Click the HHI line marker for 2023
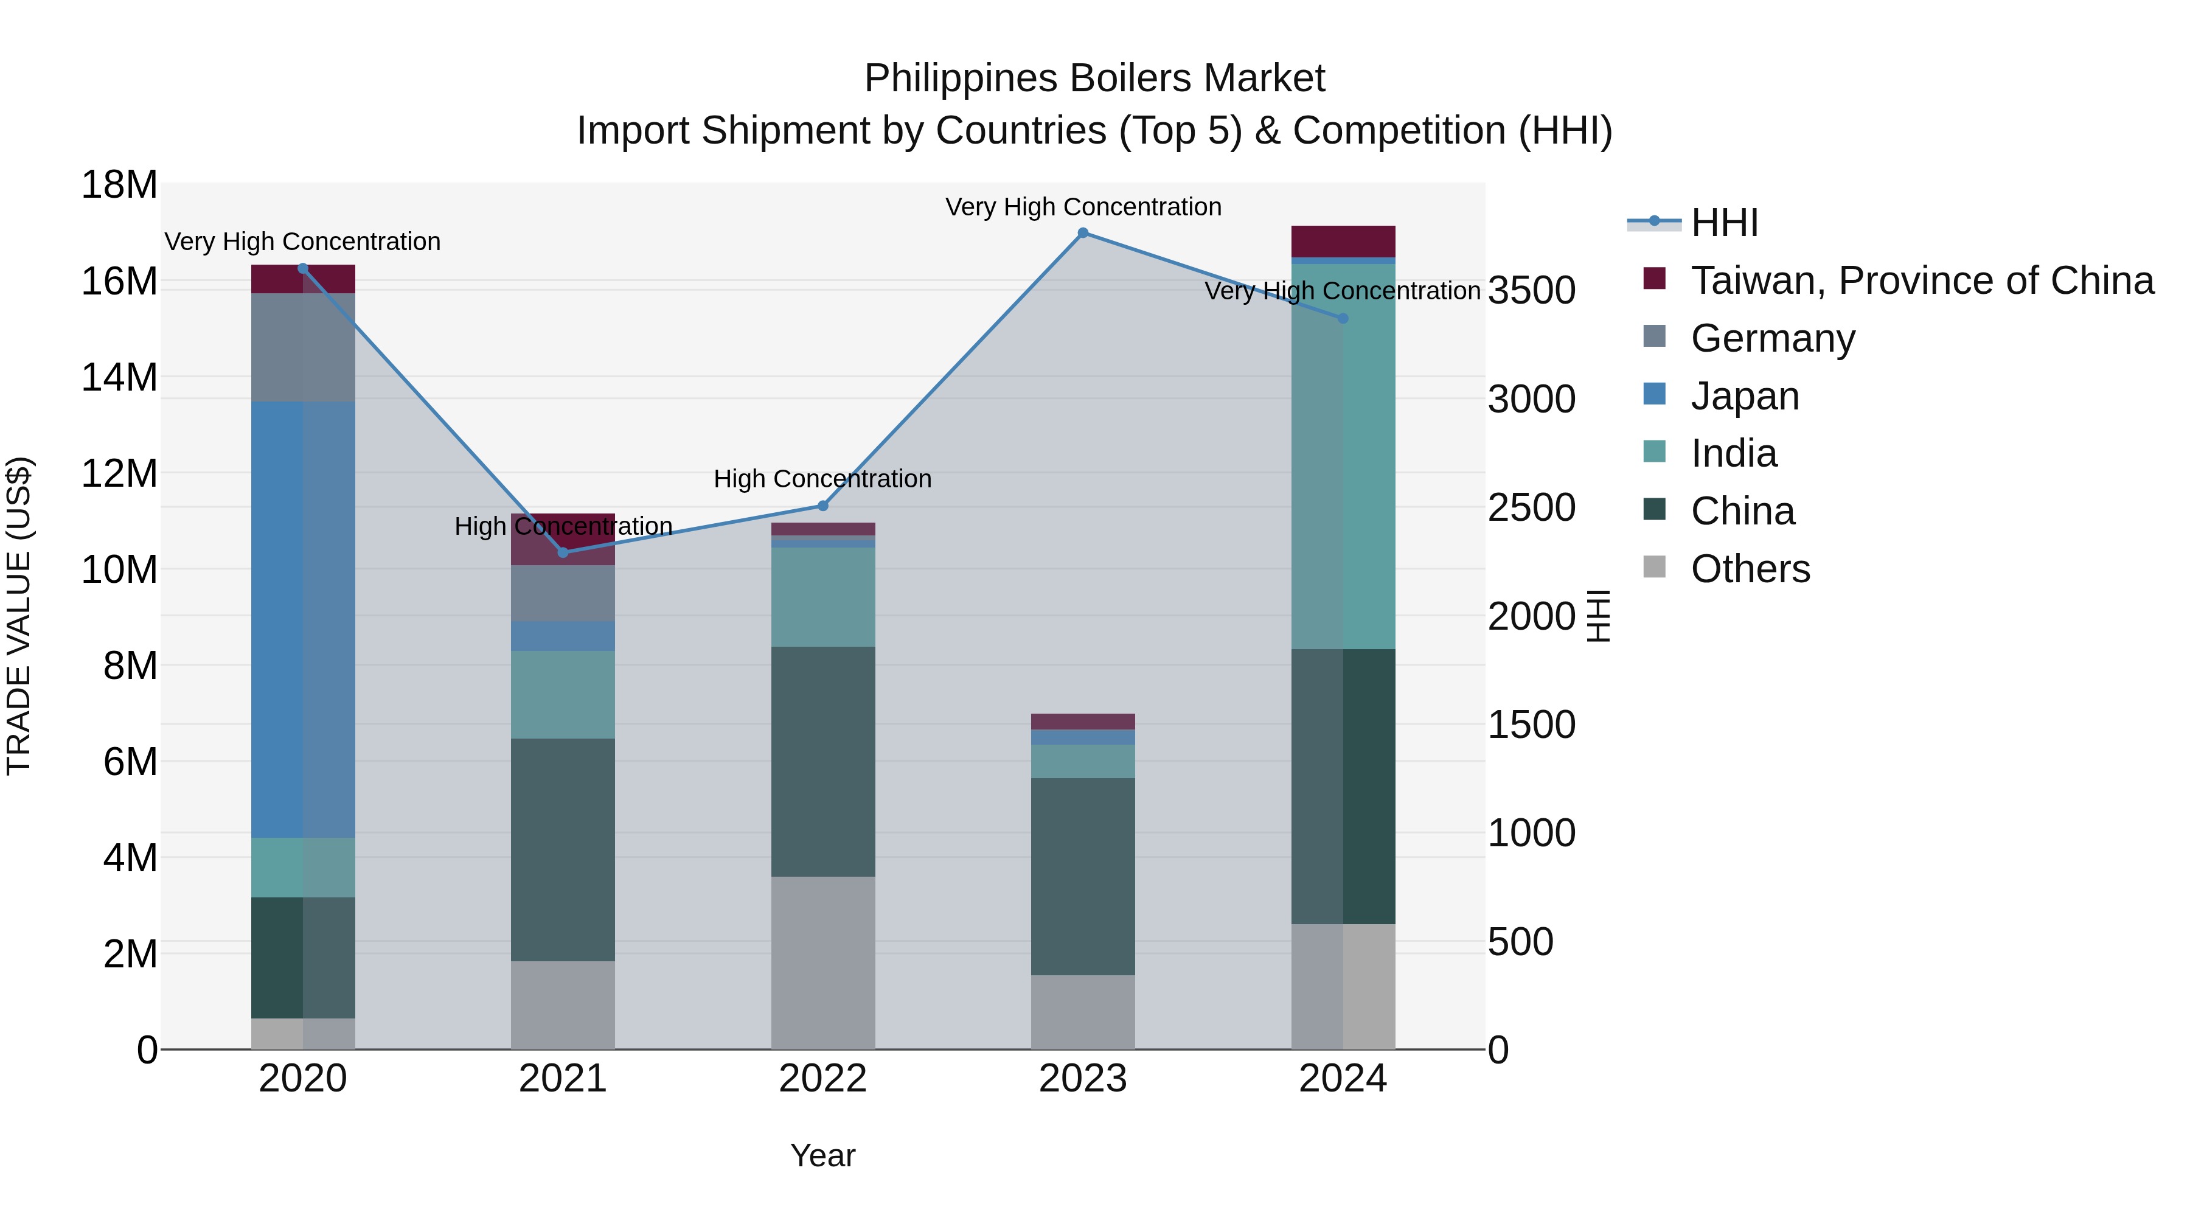coord(1082,232)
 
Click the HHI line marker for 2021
coord(563,552)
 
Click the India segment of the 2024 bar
coord(1343,456)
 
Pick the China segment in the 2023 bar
coord(1082,875)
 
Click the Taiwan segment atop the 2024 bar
coord(1343,240)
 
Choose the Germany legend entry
coord(1773,338)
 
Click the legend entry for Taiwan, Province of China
coord(1921,280)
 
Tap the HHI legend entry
coord(1724,223)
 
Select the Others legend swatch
coord(1655,566)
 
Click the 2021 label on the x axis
coord(563,1079)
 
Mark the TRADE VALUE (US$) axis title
coord(19,616)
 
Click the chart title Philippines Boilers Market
coord(1094,78)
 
